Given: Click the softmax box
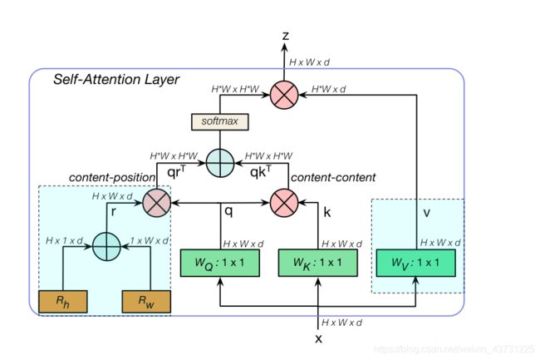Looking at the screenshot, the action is click(x=219, y=121).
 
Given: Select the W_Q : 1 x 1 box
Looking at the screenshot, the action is click(x=220, y=263).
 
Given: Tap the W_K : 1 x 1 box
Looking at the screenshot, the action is click(x=318, y=263).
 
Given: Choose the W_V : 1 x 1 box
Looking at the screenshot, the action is click(x=415, y=263).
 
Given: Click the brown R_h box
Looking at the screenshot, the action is click(x=62, y=302).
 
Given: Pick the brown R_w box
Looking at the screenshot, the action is click(x=146, y=302).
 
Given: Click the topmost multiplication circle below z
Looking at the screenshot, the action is click(x=284, y=95).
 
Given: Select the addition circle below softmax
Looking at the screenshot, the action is click(x=220, y=163).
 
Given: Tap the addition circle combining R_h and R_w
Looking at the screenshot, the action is click(x=107, y=247).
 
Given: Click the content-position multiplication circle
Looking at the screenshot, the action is click(x=157, y=203).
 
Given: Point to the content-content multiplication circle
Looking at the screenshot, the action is click(x=284, y=203).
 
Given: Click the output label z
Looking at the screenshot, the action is click(x=285, y=36).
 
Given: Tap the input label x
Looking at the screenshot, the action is click(x=318, y=338).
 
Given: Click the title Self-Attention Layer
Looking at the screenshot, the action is click(x=116, y=79).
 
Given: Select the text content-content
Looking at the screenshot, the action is click(x=333, y=177).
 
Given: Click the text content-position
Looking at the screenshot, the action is click(x=112, y=177).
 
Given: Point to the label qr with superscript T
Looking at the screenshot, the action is click(x=176, y=171).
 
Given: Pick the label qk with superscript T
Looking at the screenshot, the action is click(x=260, y=171).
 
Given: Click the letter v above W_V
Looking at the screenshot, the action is click(x=426, y=213).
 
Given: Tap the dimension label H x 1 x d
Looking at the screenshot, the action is click(x=65, y=240).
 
